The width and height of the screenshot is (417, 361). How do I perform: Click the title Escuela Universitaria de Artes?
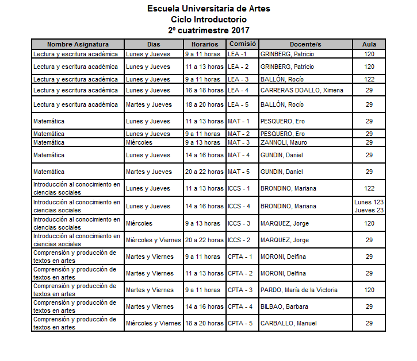208,9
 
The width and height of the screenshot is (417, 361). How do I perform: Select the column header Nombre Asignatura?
78,44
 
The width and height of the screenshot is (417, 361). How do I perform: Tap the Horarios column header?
205,44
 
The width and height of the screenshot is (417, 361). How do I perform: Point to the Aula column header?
369,44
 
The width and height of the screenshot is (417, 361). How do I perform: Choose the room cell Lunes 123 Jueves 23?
369,205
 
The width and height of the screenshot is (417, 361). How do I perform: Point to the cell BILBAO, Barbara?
284,306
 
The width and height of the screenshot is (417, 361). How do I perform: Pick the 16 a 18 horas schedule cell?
204,90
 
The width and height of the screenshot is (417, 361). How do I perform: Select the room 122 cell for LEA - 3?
369,79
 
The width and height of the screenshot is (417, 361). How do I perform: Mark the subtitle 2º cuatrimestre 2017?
208,30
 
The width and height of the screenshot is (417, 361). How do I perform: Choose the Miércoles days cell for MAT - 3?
139,142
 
